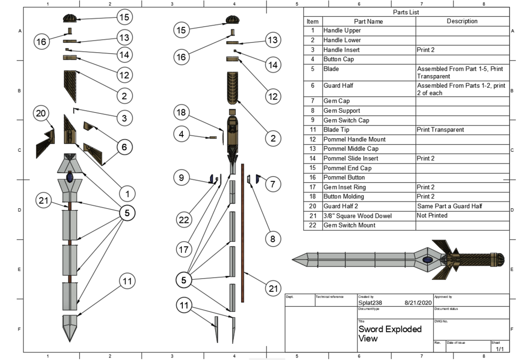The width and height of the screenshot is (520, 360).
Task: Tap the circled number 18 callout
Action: point(182,112)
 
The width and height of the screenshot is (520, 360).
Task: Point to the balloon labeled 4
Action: point(182,135)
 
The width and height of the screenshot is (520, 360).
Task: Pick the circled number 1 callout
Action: point(127,193)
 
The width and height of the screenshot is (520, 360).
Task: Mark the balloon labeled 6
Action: point(124,147)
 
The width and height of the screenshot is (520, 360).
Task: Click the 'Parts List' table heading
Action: point(406,12)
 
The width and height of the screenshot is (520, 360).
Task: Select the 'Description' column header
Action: point(462,21)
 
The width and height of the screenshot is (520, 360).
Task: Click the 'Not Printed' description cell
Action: point(432,216)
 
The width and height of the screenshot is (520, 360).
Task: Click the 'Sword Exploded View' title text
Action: point(389,333)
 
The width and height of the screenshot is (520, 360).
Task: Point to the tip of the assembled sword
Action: point(293,260)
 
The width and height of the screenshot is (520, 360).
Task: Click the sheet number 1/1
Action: point(500,349)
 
